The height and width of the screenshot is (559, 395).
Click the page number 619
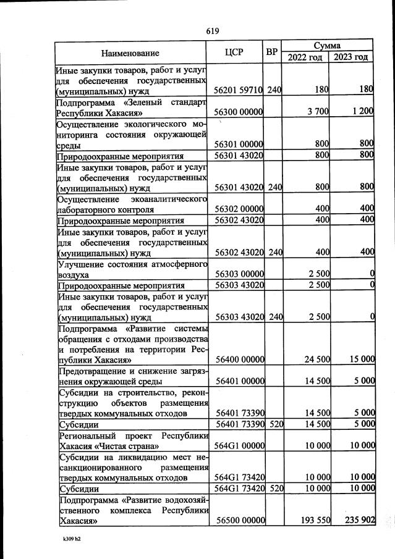(213, 31)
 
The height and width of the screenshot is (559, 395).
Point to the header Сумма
(328, 46)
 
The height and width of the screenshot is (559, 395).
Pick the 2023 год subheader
(351, 57)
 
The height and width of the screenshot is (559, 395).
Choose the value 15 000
(360, 359)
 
